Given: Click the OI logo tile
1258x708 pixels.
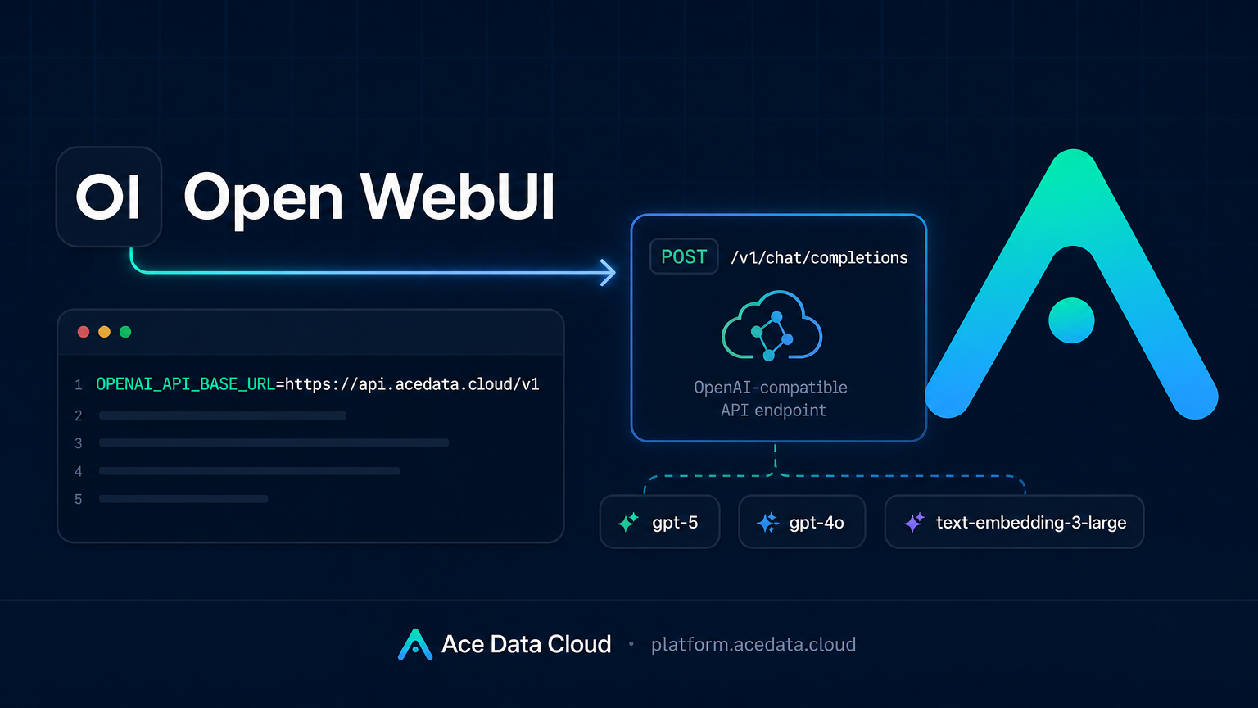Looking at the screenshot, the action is [109, 197].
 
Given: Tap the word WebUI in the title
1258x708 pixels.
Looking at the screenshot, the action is [458, 197].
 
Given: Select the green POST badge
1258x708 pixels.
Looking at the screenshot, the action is [684, 256].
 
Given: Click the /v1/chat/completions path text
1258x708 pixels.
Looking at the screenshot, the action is [819, 257].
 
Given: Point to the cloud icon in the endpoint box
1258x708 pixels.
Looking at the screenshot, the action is [772, 326].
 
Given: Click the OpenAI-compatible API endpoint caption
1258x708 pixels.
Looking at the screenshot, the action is [771, 398].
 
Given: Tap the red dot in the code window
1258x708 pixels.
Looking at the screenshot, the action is [84, 332].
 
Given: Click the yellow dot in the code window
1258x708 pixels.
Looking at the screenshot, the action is [105, 332].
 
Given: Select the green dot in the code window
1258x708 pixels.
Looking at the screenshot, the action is [125, 332].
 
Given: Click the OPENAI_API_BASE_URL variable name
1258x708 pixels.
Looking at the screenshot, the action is [186, 384].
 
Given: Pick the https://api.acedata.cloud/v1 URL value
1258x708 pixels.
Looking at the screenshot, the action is [412, 384].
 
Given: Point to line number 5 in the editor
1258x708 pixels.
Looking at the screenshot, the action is [79, 499].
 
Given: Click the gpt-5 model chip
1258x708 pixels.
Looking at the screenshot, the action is [660, 522].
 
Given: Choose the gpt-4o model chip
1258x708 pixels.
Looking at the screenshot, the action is [802, 522].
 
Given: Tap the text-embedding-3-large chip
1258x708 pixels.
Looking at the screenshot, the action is [1014, 522].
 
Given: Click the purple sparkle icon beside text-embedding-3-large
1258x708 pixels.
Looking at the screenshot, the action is [914, 522].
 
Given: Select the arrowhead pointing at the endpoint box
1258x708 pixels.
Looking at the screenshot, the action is [608, 273].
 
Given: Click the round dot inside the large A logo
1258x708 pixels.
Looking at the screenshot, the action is [1071, 320].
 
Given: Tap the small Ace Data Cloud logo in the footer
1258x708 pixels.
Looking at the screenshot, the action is [415, 644].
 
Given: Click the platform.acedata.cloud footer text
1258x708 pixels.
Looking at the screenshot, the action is [753, 645].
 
